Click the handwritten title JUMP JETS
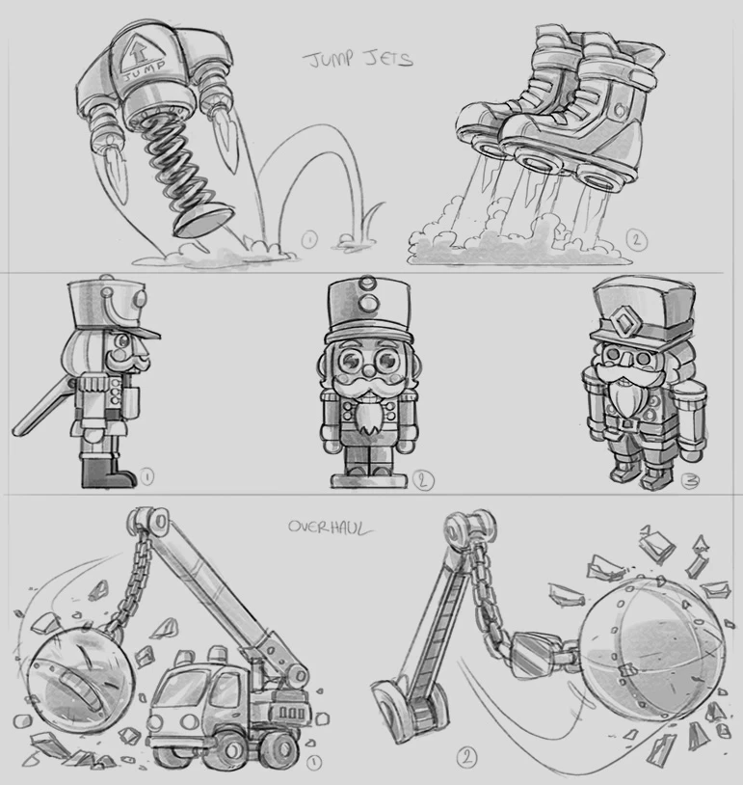click(358, 59)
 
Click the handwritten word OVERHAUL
click(331, 528)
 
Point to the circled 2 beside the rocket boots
click(636, 240)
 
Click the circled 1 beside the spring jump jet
click(309, 240)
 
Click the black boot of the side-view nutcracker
click(106, 473)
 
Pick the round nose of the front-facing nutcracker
click(368, 371)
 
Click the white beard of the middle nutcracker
click(370, 417)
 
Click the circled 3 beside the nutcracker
click(690, 480)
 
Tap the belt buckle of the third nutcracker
click(627, 424)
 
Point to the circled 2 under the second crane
click(466, 757)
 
